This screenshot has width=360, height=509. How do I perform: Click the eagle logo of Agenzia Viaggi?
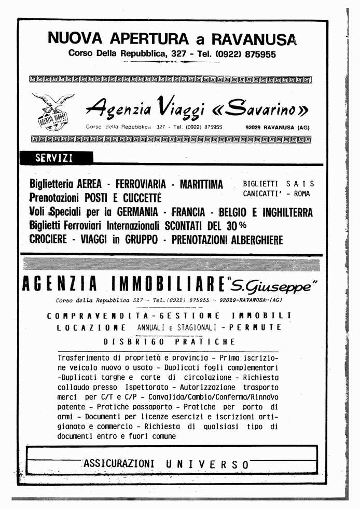[x=52, y=112]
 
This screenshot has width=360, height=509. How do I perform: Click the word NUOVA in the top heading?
[x=76, y=38]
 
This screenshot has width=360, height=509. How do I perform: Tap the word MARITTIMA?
[x=201, y=184]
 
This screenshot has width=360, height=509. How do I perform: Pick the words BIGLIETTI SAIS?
[x=279, y=184]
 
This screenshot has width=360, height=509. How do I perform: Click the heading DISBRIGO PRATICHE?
[x=169, y=342]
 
